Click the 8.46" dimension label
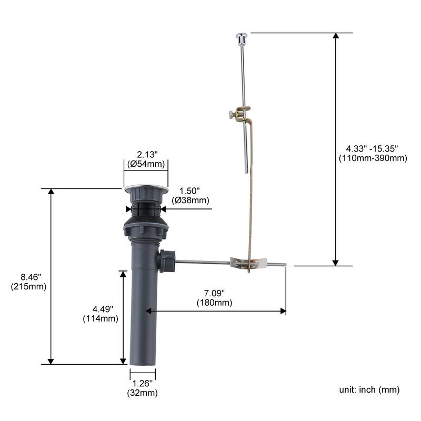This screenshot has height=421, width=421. pyautogui.click(x=31, y=277)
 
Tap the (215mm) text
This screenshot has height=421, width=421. pyautogui.click(x=29, y=286)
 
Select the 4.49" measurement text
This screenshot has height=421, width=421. pyautogui.click(x=103, y=309)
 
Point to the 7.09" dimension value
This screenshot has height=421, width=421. pyautogui.click(x=214, y=293)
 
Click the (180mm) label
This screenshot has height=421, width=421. pyautogui.click(x=214, y=303)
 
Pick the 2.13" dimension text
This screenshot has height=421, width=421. pyautogui.click(x=147, y=154)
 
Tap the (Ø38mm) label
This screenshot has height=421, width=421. pyautogui.click(x=191, y=201)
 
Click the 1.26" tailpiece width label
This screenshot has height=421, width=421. pyautogui.click(x=142, y=383)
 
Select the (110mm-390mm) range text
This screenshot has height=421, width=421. pyautogui.click(x=373, y=158)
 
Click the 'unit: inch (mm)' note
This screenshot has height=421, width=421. pyautogui.click(x=369, y=389)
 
